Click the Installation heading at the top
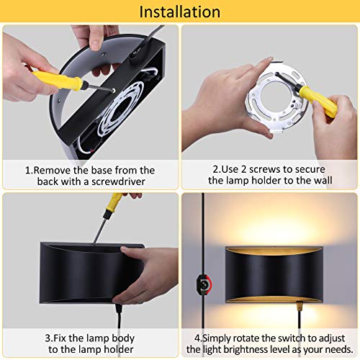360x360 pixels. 179,12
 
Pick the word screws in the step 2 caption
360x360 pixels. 262,170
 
